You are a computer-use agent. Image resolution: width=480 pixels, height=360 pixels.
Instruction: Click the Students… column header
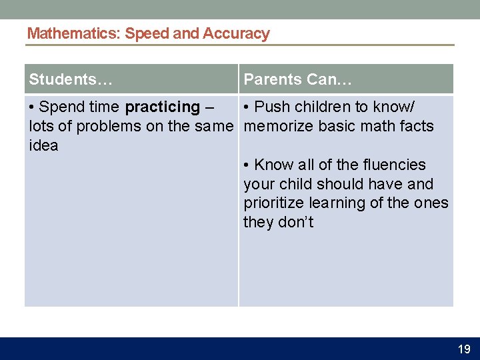click(x=71, y=80)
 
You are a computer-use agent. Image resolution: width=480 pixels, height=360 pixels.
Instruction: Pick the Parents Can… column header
click(x=297, y=80)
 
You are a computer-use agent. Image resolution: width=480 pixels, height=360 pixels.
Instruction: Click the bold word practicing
click(x=162, y=107)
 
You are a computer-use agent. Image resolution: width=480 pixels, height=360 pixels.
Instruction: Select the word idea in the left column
click(x=44, y=145)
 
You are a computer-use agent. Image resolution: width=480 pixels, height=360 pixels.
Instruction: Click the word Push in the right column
click(x=273, y=107)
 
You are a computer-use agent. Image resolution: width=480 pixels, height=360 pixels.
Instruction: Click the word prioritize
click(x=274, y=203)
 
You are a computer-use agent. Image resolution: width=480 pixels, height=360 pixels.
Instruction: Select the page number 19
click(x=464, y=349)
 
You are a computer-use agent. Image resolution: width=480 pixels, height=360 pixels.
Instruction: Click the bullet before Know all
click(x=247, y=165)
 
